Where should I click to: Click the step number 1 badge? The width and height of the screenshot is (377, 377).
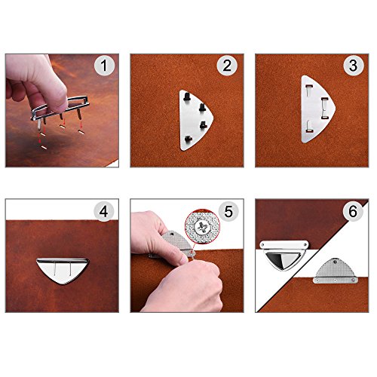coord(104,66)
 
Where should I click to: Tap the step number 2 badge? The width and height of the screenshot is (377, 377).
coord(227,66)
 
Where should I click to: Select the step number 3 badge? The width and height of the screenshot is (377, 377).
coord(354,66)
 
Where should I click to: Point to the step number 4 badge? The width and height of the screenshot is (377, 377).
coord(104,211)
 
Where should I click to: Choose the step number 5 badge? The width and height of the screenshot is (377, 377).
coord(228,211)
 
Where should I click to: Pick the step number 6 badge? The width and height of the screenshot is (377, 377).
coord(353,211)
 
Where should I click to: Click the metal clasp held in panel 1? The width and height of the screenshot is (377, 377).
coord(60,111)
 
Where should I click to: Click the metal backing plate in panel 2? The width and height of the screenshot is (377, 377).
coord(195,120)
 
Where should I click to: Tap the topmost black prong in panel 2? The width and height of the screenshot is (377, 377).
coord(186,97)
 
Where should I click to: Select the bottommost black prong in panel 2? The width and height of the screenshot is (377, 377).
coord(188,139)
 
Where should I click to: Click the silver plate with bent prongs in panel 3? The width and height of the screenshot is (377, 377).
coord(317,109)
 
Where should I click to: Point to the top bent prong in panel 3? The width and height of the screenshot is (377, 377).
coord(309,90)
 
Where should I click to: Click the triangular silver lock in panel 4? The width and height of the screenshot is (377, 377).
coord(63,271)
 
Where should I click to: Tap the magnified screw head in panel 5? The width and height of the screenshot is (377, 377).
coord(202,227)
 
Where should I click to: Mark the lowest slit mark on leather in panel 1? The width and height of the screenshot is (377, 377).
coord(44,147)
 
